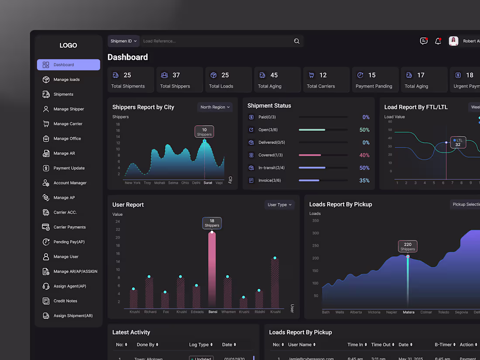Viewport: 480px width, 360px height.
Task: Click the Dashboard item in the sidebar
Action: tap(68, 65)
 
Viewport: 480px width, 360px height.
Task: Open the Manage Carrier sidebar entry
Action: tap(68, 124)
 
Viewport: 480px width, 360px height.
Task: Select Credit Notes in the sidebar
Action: tap(65, 301)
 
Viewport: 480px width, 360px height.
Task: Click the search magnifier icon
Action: tap(297, 41)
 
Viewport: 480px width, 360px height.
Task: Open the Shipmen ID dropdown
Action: tap(123, 41)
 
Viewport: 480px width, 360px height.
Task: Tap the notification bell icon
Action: tap(438, 41)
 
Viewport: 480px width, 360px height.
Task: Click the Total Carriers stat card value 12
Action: tap(323, 75)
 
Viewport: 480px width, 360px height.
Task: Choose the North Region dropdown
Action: tap(215, 107)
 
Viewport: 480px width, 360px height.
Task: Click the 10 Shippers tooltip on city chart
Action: tap(204, 132)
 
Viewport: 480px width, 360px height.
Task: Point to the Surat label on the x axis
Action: tap(208, 183)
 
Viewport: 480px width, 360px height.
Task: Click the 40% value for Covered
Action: tap(364, 155)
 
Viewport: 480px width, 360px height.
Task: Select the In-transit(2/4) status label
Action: tap(271, 168)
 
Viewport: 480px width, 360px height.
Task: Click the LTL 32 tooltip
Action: tap(458, 142)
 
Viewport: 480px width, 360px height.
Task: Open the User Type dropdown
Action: tap(280, 205)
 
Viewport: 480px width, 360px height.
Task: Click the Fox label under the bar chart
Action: tap(166, 312)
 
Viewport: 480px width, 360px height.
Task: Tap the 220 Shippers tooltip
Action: tap(408, 247)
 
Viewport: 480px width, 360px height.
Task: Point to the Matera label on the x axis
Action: tap(408, 312)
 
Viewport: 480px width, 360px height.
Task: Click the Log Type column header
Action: tap(201, 345)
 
